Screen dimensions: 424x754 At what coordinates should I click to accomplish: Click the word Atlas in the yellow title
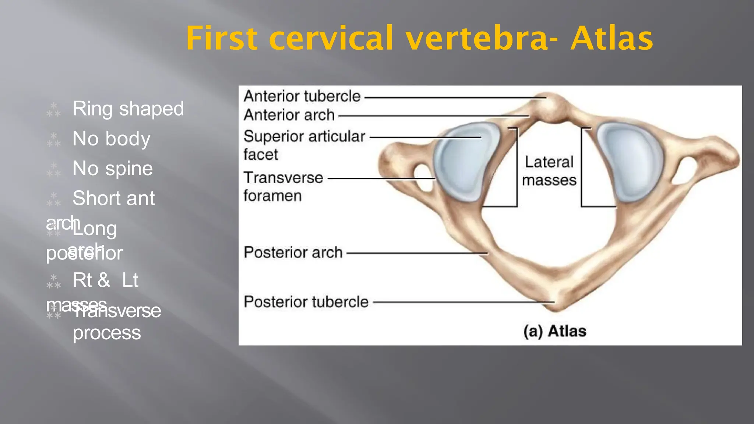click(612, 38)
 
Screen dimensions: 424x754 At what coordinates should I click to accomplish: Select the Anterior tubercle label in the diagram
click(302, 96)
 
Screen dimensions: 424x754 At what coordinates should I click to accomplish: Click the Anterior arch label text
click(289, 115)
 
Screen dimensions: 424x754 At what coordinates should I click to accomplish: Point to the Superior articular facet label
click(304, 145)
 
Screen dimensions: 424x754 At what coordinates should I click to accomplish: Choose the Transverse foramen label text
click(283, 186)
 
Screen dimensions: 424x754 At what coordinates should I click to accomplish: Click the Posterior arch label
click(293, 253)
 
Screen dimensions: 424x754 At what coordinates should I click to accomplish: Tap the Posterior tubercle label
click(306, 302)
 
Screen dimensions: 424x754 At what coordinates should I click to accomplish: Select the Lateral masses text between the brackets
click(549, 171)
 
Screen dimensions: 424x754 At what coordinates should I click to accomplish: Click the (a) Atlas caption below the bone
click(554, 331)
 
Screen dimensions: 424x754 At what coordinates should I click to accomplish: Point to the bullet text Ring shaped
click(128, 109)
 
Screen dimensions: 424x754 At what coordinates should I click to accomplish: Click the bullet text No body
click(111, 139)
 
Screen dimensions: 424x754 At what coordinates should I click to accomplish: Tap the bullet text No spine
click(112, 169)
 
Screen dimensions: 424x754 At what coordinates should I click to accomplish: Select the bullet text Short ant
click(113, 198)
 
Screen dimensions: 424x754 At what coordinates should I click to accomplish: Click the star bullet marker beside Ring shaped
click(53, 110)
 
